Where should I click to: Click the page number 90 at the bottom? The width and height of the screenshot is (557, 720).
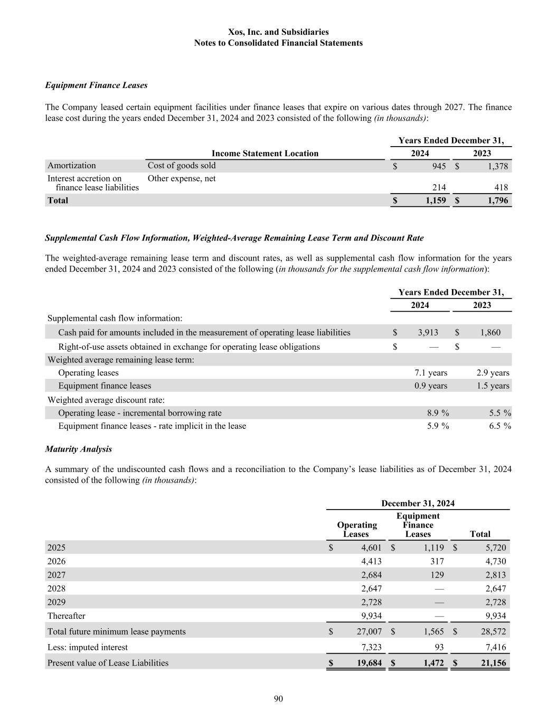(x=278, y=699)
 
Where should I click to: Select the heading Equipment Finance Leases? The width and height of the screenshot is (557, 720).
(x=96, y=85)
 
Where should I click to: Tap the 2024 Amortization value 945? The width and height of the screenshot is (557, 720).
(x=439, y=166)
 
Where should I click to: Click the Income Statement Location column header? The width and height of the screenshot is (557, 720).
(x=265, y=153)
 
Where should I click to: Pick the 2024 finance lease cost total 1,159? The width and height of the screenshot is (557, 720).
(x=436, y=200)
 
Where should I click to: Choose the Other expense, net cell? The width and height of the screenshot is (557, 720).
(x=182, y=178)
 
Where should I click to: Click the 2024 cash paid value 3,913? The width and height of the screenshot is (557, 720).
(x=428, y=332)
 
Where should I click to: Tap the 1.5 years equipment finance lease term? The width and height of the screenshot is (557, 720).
(x=493, y=386)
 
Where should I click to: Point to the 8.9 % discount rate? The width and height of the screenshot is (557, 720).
(x=438, y=413)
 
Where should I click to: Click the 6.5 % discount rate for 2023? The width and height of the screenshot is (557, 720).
(x=499, y=426)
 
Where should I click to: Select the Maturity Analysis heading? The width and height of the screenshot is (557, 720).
(x=78, y=449)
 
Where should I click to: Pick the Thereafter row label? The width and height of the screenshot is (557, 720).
(x=66, y=616)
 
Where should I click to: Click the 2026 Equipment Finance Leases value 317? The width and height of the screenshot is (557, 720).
(x=437, y=561)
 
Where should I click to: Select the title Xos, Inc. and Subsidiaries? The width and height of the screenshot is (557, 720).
(x=278, y=32)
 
